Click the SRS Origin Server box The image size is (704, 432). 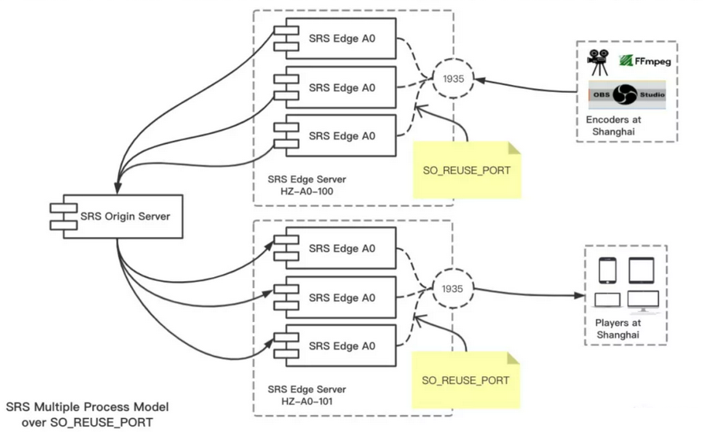(117, 216)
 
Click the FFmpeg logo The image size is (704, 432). (644, 60)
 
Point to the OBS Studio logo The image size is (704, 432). (627, 94)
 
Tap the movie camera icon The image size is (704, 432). (599, 62)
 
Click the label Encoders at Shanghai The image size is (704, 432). (613, 125)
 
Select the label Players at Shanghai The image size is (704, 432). (618, 328)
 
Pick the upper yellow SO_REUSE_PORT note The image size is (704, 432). (467, 170)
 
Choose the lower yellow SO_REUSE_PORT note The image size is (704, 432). (466, 380)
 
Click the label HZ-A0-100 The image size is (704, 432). (306, 191)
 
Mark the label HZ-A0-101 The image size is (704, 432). (306, 402)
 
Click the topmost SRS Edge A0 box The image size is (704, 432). (336, 39)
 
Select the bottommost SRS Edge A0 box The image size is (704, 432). (336, 346)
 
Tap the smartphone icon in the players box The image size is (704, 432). (607, 270)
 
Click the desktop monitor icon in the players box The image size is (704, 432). (644, 302)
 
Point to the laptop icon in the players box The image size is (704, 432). (607, 300)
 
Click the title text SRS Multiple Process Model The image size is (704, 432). (87, 407)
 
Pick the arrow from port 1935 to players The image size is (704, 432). (530, 294)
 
